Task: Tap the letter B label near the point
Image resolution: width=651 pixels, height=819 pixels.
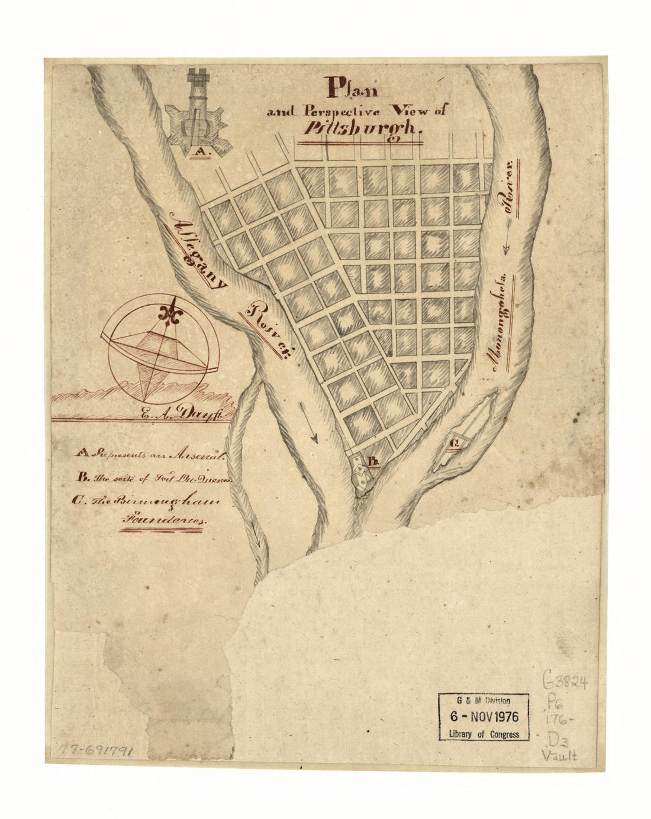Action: click(373, 461)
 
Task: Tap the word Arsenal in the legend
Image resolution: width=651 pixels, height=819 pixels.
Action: click(195, 456)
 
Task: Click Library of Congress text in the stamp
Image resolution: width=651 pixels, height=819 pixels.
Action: click(484, 734)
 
